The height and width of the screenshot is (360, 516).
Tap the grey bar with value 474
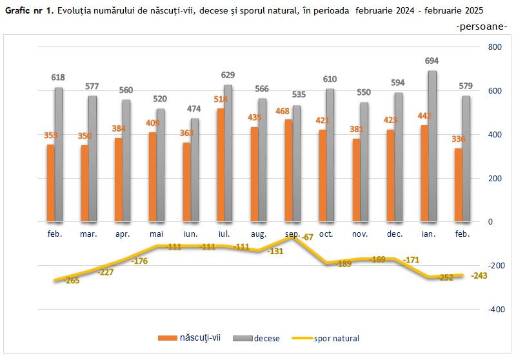click(x=195, y=170)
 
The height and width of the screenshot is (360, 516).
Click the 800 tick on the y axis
click(x=495, y=47)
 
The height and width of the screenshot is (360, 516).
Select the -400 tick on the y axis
click(x=495, y=310)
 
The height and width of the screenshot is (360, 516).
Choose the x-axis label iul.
click(x=224, y=234)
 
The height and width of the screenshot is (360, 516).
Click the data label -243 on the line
click(x=479, y=275)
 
